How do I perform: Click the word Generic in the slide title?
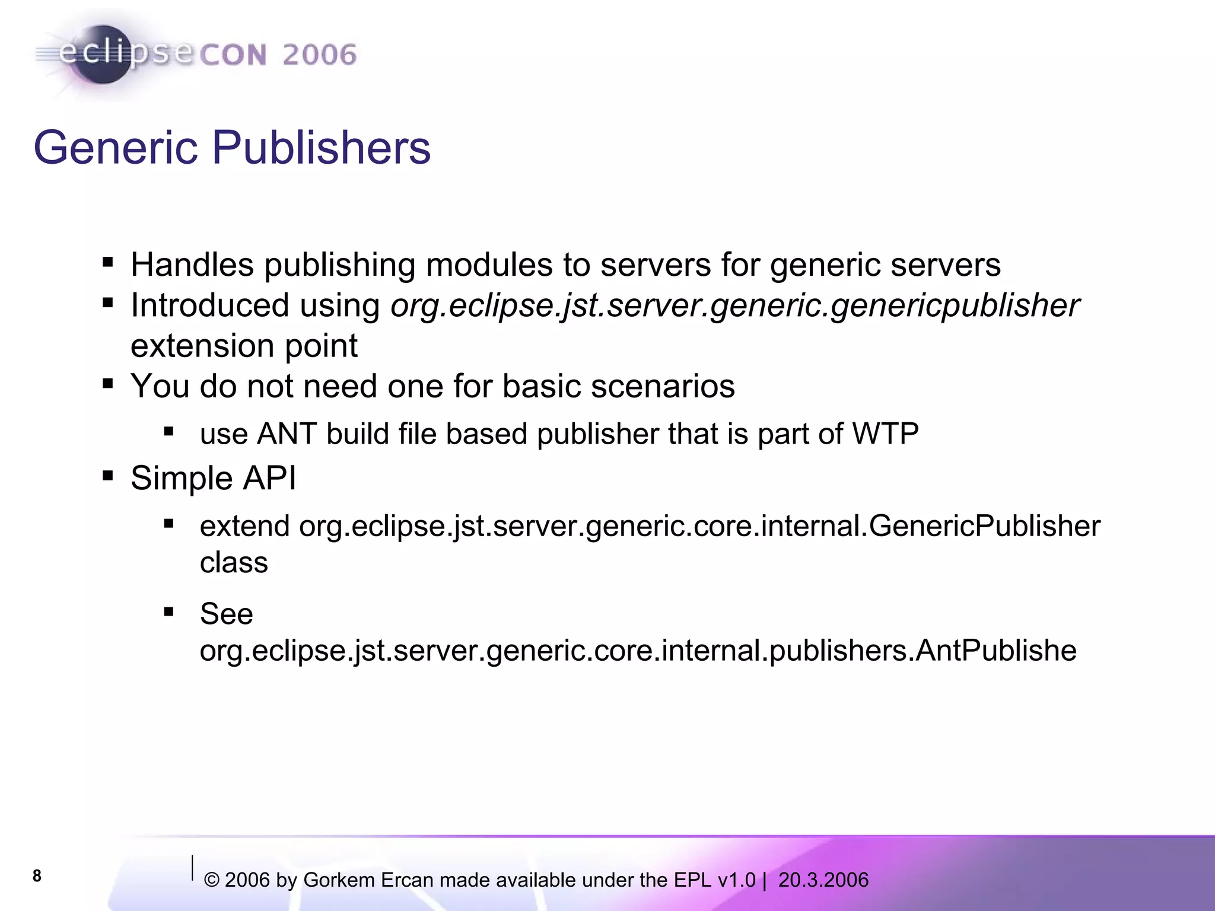coord(115,148)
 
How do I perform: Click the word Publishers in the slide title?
coord(321,148)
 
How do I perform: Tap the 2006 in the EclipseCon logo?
coord(319,55)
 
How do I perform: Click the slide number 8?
coord(37,876)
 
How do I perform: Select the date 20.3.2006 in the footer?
coord(823,880)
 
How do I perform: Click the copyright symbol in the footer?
coord(211,881)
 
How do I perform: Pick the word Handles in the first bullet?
coord(192,265)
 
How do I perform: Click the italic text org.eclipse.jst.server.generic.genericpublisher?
coord(734,305)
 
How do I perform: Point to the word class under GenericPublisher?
coord(234,562)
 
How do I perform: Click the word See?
coord(226,613)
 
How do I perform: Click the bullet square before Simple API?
coord(107,476)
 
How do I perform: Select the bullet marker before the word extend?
coord(169,524)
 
